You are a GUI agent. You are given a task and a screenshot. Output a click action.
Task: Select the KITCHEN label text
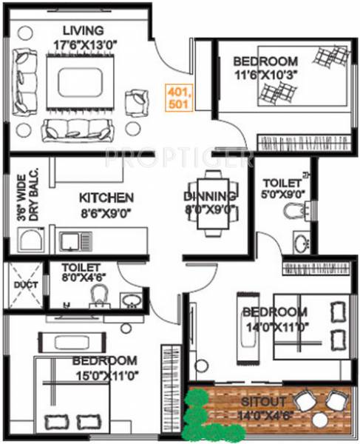[x=106, y=198]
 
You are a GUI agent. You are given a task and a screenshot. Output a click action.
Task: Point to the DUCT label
[x=20, y=284]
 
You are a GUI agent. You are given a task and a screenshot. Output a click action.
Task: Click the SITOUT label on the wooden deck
[x=259, y=401]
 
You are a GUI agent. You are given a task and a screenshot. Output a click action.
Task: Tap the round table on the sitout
[x=320, y=419]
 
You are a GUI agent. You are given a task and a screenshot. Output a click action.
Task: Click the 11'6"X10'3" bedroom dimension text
[x=264, y=75]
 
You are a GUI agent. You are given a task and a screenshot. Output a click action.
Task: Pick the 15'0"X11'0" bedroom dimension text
[x=104, y=376]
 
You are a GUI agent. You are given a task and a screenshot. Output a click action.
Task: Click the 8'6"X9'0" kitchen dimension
[x=106, y=212]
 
